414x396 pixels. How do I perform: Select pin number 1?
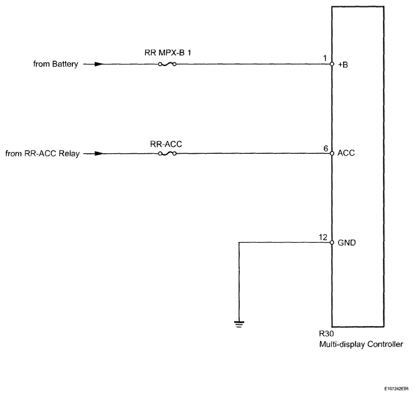[x=326, y=59]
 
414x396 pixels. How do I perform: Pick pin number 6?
[x=326, y=148]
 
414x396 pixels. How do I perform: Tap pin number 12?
[x=324, y=237]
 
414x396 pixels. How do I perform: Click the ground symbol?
[x=239, y=323]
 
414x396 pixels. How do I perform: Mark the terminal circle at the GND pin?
[x=332, y=243]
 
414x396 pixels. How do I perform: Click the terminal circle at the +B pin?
[x=332, y=64]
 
